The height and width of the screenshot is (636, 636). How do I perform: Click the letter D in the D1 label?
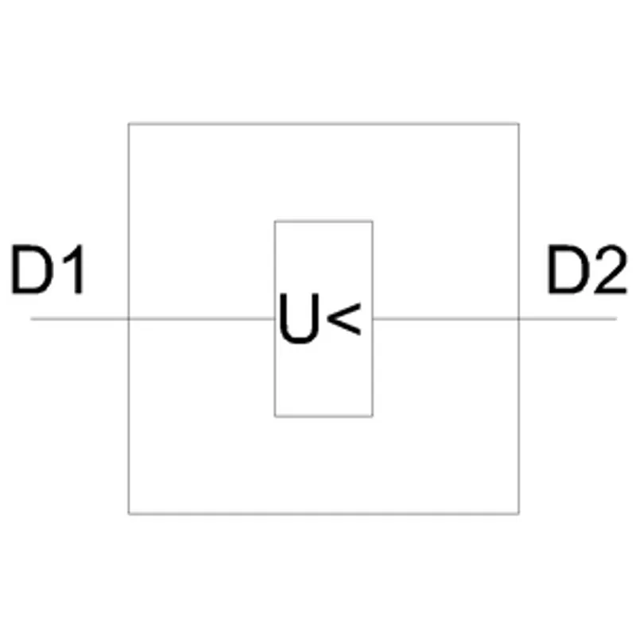point(32,269)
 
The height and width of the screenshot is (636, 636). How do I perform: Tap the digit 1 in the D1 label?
point(74,269)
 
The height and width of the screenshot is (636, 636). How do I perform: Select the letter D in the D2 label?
point(568,269)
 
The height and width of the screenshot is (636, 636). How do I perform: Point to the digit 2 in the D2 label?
point(611,269)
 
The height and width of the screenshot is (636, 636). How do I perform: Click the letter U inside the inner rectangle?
point(300,318)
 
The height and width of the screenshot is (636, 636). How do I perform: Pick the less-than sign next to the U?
point(343,319)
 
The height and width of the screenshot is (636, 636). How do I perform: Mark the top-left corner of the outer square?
point(129,124)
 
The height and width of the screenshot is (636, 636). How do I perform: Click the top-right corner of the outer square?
point(519,124)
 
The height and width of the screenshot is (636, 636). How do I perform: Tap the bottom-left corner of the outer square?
point(129,514)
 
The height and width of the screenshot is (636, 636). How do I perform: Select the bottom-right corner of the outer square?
point(519,514)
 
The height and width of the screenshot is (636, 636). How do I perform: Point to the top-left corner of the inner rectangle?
point(275,222)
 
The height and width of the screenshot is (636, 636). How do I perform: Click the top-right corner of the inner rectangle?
point(372,222)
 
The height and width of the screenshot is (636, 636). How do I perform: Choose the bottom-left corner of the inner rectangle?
point(275,416)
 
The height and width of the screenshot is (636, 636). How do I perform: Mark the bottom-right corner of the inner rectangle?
point(372,416)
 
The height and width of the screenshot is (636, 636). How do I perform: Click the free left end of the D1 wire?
point(31,320)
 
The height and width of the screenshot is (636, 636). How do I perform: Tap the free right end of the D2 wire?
point(617,320)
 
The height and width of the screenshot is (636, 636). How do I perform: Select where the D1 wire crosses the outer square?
point(129,320)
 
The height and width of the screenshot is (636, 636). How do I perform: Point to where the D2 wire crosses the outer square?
point(519,320)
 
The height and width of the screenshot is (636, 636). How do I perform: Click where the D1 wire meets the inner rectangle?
point(275,320)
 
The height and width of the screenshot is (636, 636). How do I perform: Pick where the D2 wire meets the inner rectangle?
point(372,320)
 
